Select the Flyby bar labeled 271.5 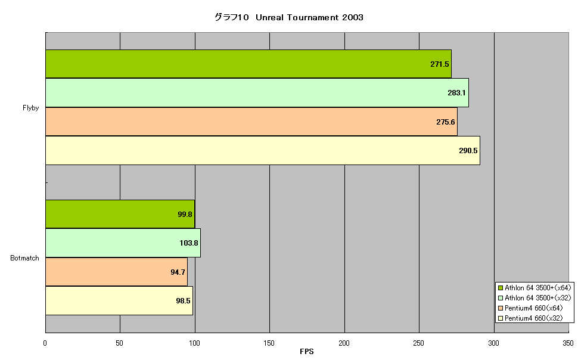coord(248,64)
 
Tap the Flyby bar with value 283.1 coord(257,92)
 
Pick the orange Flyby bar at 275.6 coord(251,122)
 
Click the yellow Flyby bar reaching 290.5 coord(263,150)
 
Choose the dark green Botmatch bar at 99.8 coord(120,214)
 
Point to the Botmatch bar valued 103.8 coord(123,243)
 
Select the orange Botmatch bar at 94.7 coord(116,272)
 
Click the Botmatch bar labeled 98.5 coord(119,300)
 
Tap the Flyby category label coord(30,108)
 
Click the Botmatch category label coord(24,258)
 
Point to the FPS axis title coord(307,352)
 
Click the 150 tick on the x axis coord(269,343)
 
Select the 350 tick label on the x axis coord(568,343)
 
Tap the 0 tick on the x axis coord(45,343)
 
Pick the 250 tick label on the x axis coord(418,343)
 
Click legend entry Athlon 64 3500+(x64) coord(535,288)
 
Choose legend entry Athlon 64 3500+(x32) coord(535,297)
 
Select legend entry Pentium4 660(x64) coord(530,308)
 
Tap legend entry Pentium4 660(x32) coord(530,318)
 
